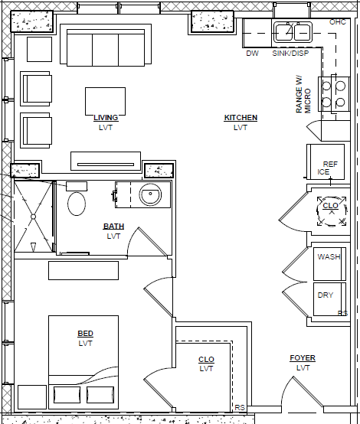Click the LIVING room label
[x=106, y=118]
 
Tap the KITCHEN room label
[x=241, y=118]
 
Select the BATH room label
[x=113, y=227]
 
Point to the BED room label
[x=85, y=334]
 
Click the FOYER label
[x=303, y=358]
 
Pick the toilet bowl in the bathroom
[x=77, y=204]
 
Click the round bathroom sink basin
[x=150, y=194]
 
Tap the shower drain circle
[x=33, y=217]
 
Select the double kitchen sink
[x=293, y=32]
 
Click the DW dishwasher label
[x=252, y=54]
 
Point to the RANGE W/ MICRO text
[x=303, y=94]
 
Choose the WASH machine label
[x=329, y=256]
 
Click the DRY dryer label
[x=326, y=295]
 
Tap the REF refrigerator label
[x=330, y=164]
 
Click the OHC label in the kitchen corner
[x=338, y=22]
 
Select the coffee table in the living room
[x=105, y=101]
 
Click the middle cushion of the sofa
[x=105, y=50]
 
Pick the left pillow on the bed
[x=67, y=395]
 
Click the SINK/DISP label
[x=290, y=54]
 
